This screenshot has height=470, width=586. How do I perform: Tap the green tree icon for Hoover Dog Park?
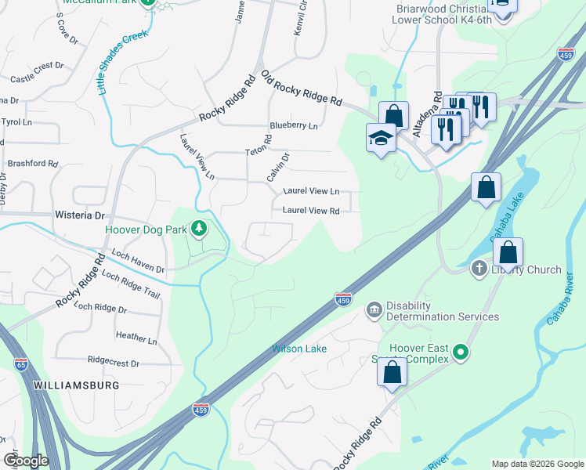(x=200, y=229)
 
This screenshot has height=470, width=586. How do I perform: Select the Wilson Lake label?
(x=299, y=349)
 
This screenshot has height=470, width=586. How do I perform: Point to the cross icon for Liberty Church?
(x=479, y=269)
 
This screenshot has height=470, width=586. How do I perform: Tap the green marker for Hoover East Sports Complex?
(x=461, y=352)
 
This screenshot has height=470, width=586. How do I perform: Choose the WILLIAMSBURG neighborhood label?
(x=76, y=385)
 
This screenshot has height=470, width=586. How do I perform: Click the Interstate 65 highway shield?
(x=21, y=363)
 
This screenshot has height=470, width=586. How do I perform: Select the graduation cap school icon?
(x=381, y=138)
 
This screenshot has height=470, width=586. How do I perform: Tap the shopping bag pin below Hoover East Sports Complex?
(x=392, y=373)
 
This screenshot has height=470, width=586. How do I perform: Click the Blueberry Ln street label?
(x=294, y=125)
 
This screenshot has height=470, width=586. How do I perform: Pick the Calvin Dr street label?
(x=278, y=167)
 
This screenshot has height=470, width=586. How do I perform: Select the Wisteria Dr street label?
(x=79, y=215)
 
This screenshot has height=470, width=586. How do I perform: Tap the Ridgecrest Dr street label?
(x=114, y=363)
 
